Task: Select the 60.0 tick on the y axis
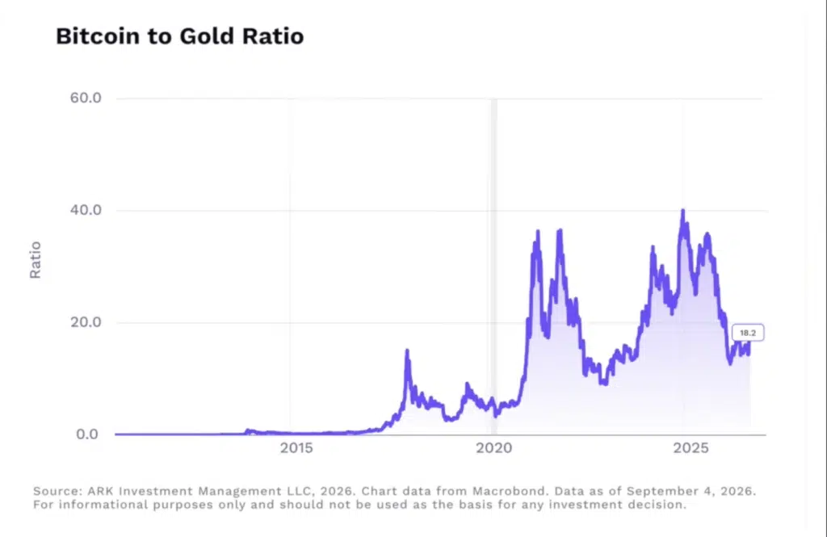[86, 98]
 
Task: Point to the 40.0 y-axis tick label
[86, 210]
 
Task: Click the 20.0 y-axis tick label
[86, 321]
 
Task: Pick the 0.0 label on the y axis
[87, 434]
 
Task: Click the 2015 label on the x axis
[296, 448]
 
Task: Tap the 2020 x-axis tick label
[493, 448]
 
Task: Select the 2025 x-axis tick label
[691, 448]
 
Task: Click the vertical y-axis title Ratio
[35, 259]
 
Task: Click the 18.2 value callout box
[748, 333]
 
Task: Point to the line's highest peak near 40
[683, 211]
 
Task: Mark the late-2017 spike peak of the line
[407, 350]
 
